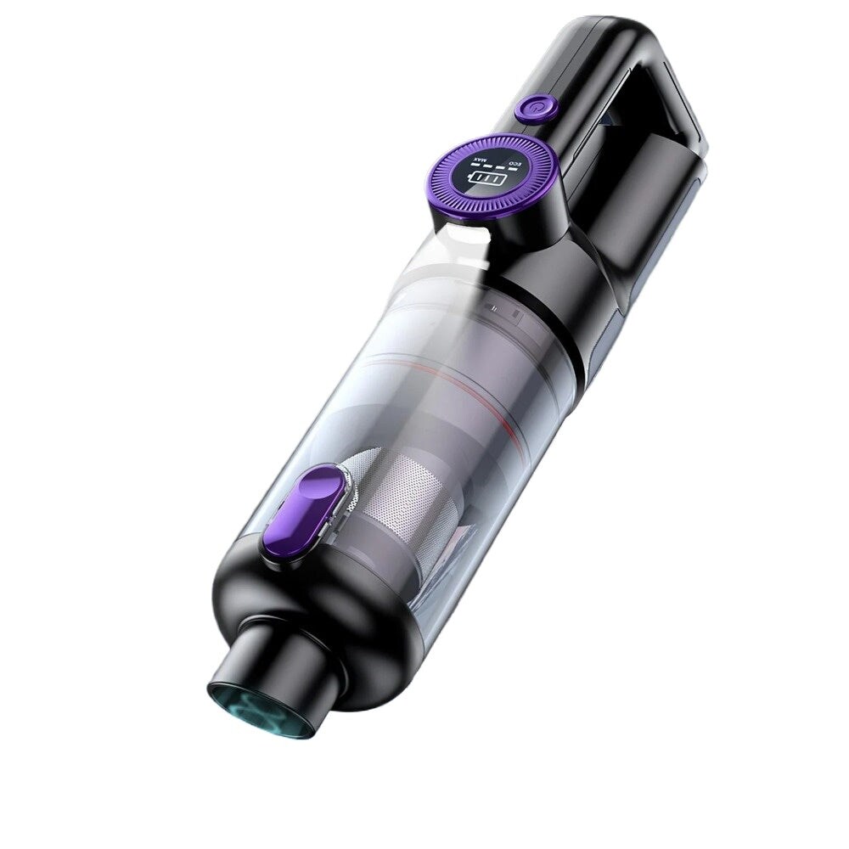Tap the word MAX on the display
[x=457, y=160]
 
